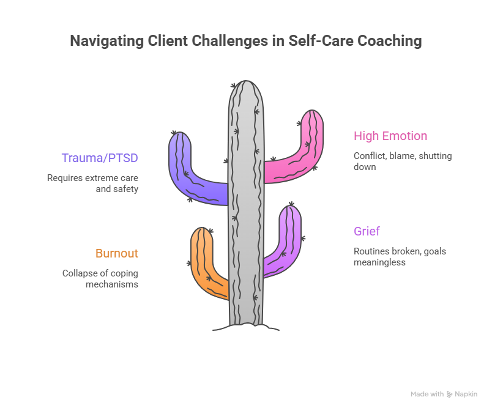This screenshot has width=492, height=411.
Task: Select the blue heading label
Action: pos(99,160)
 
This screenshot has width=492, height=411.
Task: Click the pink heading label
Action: pos(389,140)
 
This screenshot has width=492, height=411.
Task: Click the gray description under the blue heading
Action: pos(93,184)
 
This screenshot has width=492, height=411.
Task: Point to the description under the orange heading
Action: pos(100,282)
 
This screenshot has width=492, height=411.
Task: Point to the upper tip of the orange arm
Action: pos(201,233)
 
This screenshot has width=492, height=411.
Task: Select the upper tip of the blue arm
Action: pos(179,137)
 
